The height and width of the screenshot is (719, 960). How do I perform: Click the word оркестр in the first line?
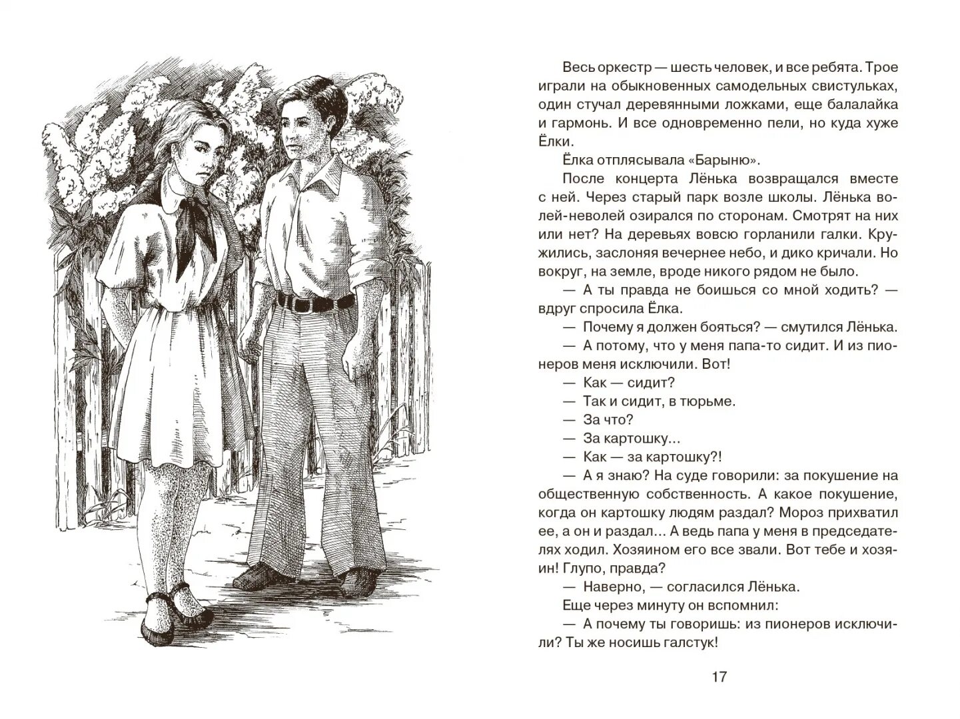click(x=626, y=67)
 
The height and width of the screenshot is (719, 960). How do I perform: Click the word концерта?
click(x=642, y=178)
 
